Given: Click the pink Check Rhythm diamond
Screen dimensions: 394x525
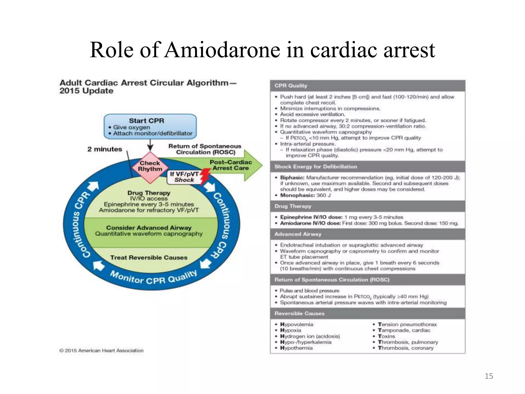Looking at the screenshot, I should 150,167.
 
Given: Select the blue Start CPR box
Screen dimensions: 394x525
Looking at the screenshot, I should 150,127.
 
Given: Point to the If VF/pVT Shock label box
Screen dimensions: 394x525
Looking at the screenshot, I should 184,177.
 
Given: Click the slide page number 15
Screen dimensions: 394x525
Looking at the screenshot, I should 489,376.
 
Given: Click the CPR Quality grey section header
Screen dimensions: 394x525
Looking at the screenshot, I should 367,86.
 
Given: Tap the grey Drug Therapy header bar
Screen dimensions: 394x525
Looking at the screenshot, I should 367,206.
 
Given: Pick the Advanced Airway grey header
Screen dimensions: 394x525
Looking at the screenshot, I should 367,234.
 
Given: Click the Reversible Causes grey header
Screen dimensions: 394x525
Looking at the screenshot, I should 367,313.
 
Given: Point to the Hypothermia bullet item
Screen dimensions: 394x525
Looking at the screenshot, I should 296,348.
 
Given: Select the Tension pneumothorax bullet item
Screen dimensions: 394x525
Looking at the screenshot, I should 407,324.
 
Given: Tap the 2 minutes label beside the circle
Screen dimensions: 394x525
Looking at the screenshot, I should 105,149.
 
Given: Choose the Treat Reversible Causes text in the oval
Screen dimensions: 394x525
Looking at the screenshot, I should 149,258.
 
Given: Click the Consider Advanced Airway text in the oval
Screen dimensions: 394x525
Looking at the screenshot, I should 149,228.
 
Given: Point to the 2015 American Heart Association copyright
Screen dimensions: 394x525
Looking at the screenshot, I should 102,350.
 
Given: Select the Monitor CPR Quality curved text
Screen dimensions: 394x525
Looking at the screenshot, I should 153,278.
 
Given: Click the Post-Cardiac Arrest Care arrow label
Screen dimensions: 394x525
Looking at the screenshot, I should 231,165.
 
